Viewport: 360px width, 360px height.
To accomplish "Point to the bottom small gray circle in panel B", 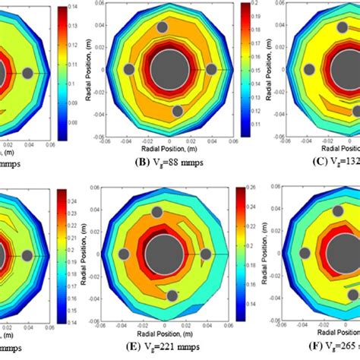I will pyautogui.click(x=178, y=111).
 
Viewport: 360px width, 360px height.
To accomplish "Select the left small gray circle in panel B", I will pyautogui.click(x=129, y=70).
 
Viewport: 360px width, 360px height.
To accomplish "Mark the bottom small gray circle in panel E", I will pyautogui.click(x=173, y=295).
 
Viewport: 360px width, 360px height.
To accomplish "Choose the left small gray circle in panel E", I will pyautogui.click(x=123, y=253).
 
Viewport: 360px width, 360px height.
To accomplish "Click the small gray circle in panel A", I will pyautogui.click(x=27, y=73).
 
